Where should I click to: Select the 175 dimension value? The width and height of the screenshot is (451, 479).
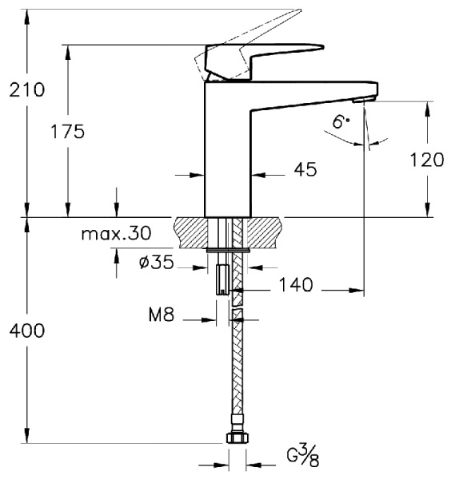pyautogui.click(x=67, y=132)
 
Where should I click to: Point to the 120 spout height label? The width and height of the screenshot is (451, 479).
pyautogui.click(x=426, y=160)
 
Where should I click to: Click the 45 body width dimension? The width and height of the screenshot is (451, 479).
pyautogui.click(x=305, y=169)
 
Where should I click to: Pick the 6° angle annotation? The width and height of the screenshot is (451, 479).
pyautogui.click(x=341, y=122)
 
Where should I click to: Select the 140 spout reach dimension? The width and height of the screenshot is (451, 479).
pyautogui.click(x=296, y=283)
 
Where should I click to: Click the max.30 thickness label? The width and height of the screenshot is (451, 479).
pyautogui.click(x=116, y=234)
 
